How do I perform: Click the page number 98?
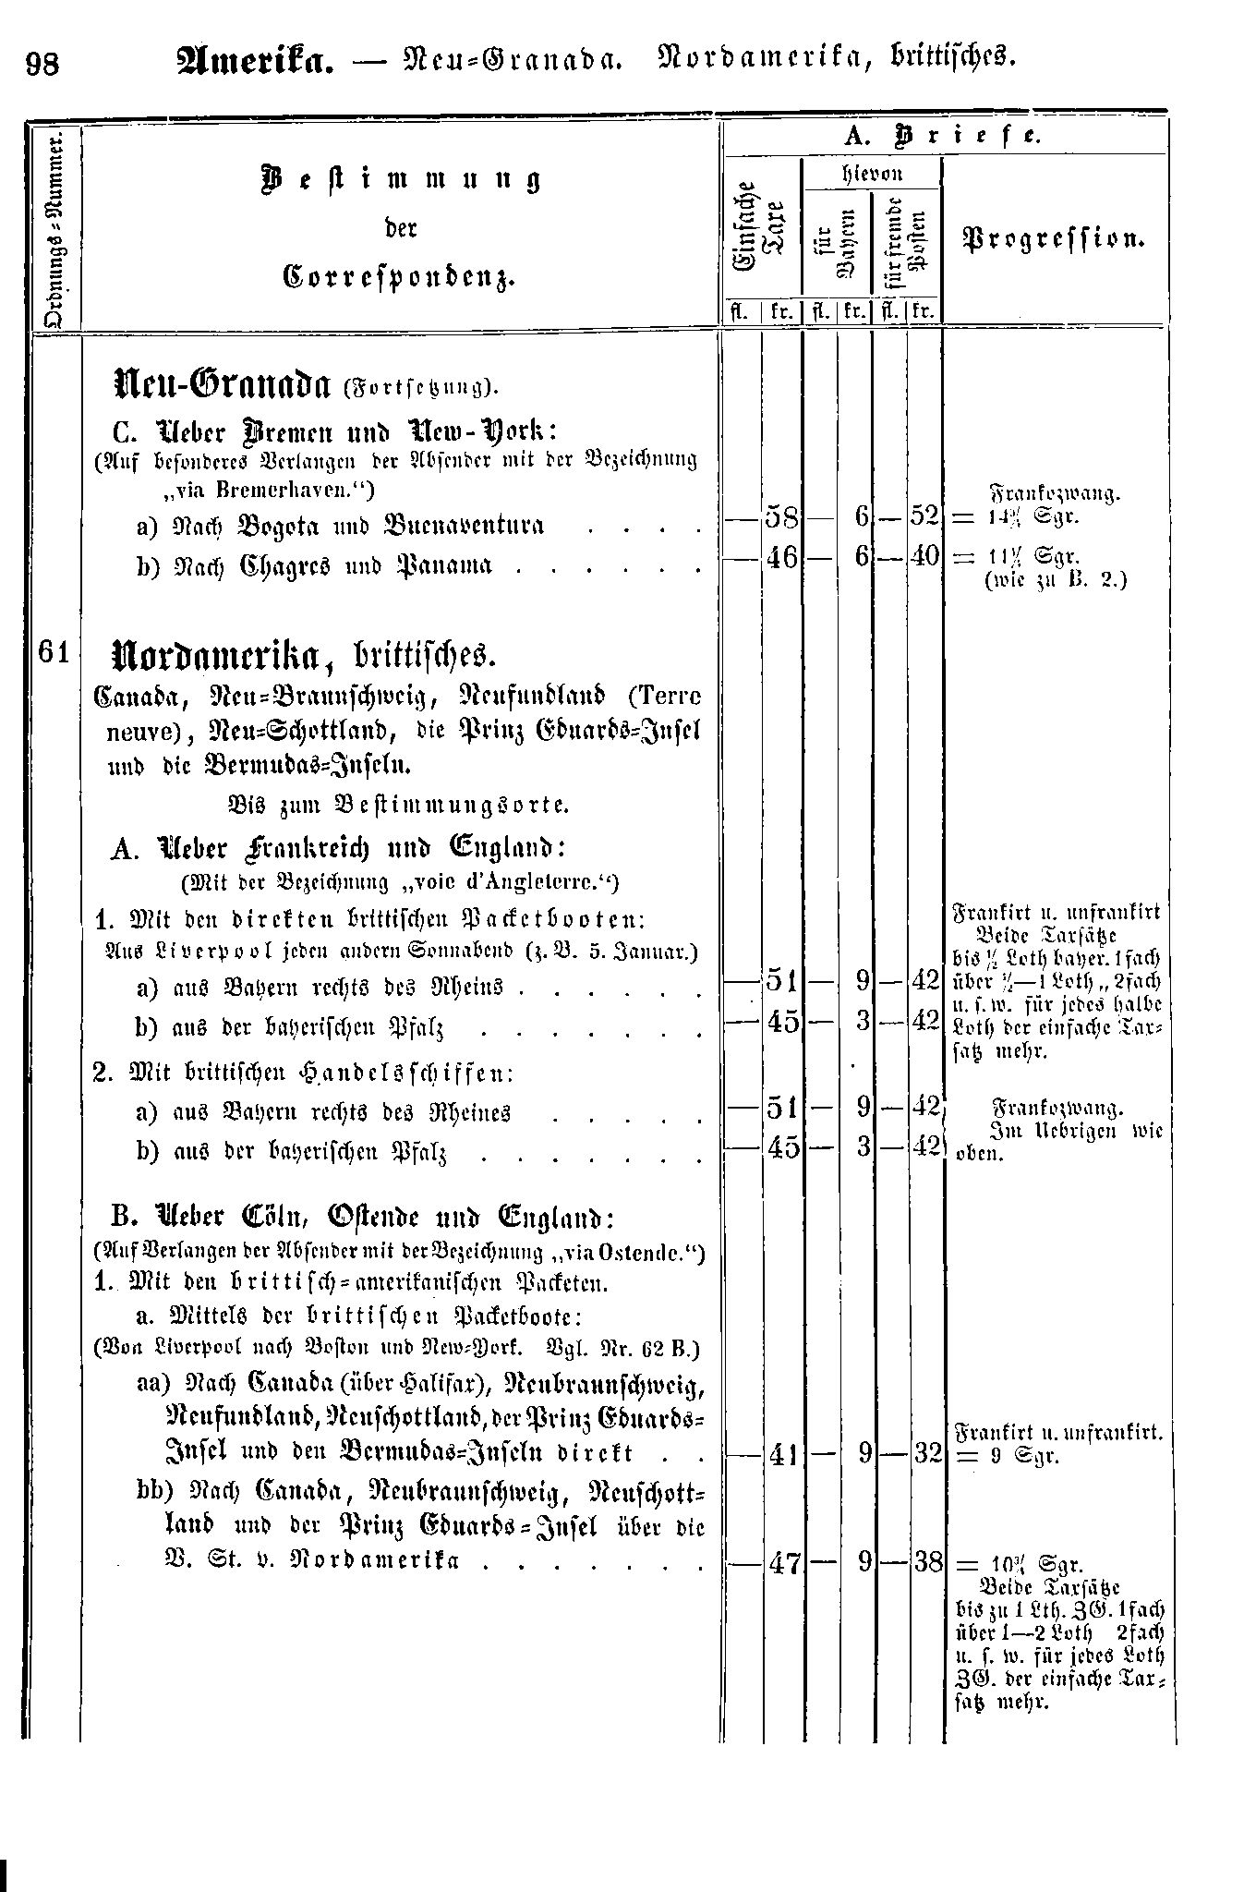coord(42,66)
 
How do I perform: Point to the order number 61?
coord(54,651)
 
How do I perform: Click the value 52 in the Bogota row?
coord(924,517)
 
